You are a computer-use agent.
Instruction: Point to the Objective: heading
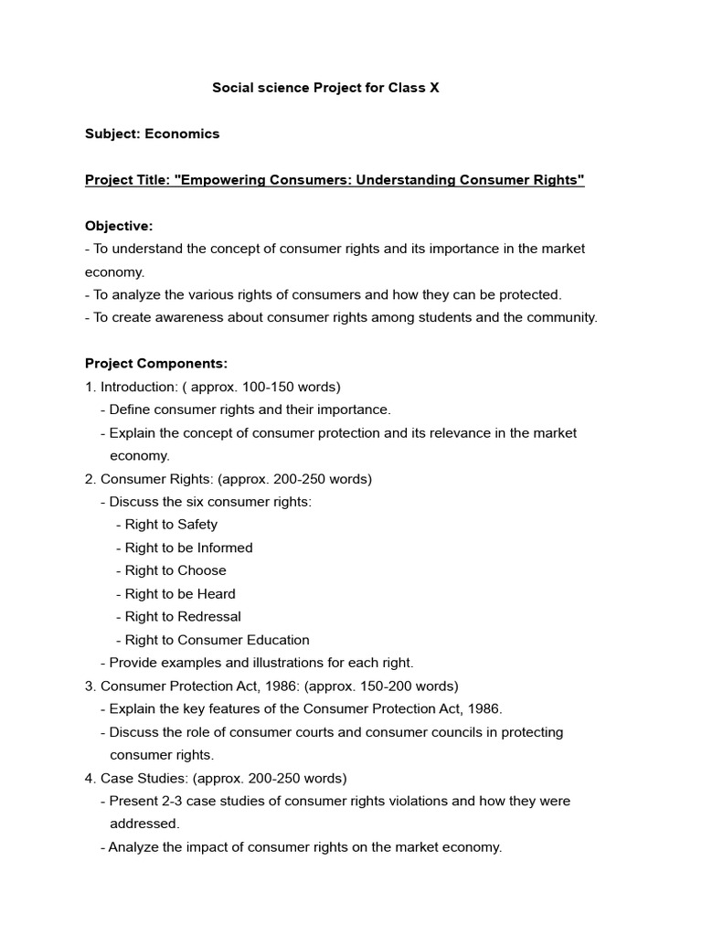[x=119, y=226]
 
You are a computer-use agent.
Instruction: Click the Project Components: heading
[x=156, y=363]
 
